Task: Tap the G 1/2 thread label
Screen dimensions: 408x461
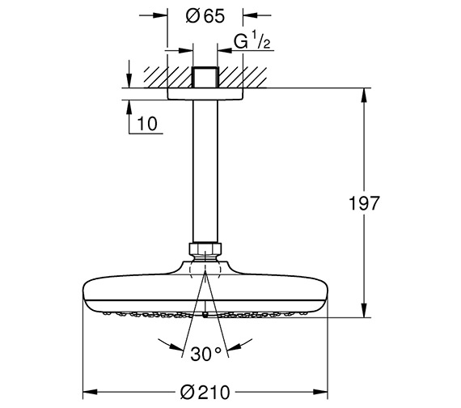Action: pyautogui.click(x=251, y=40)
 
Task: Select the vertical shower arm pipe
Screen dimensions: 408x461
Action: pyautogui.click(x=205, y=170)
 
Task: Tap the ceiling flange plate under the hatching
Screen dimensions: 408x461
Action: pyautogui.click(x=205, y=95)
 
